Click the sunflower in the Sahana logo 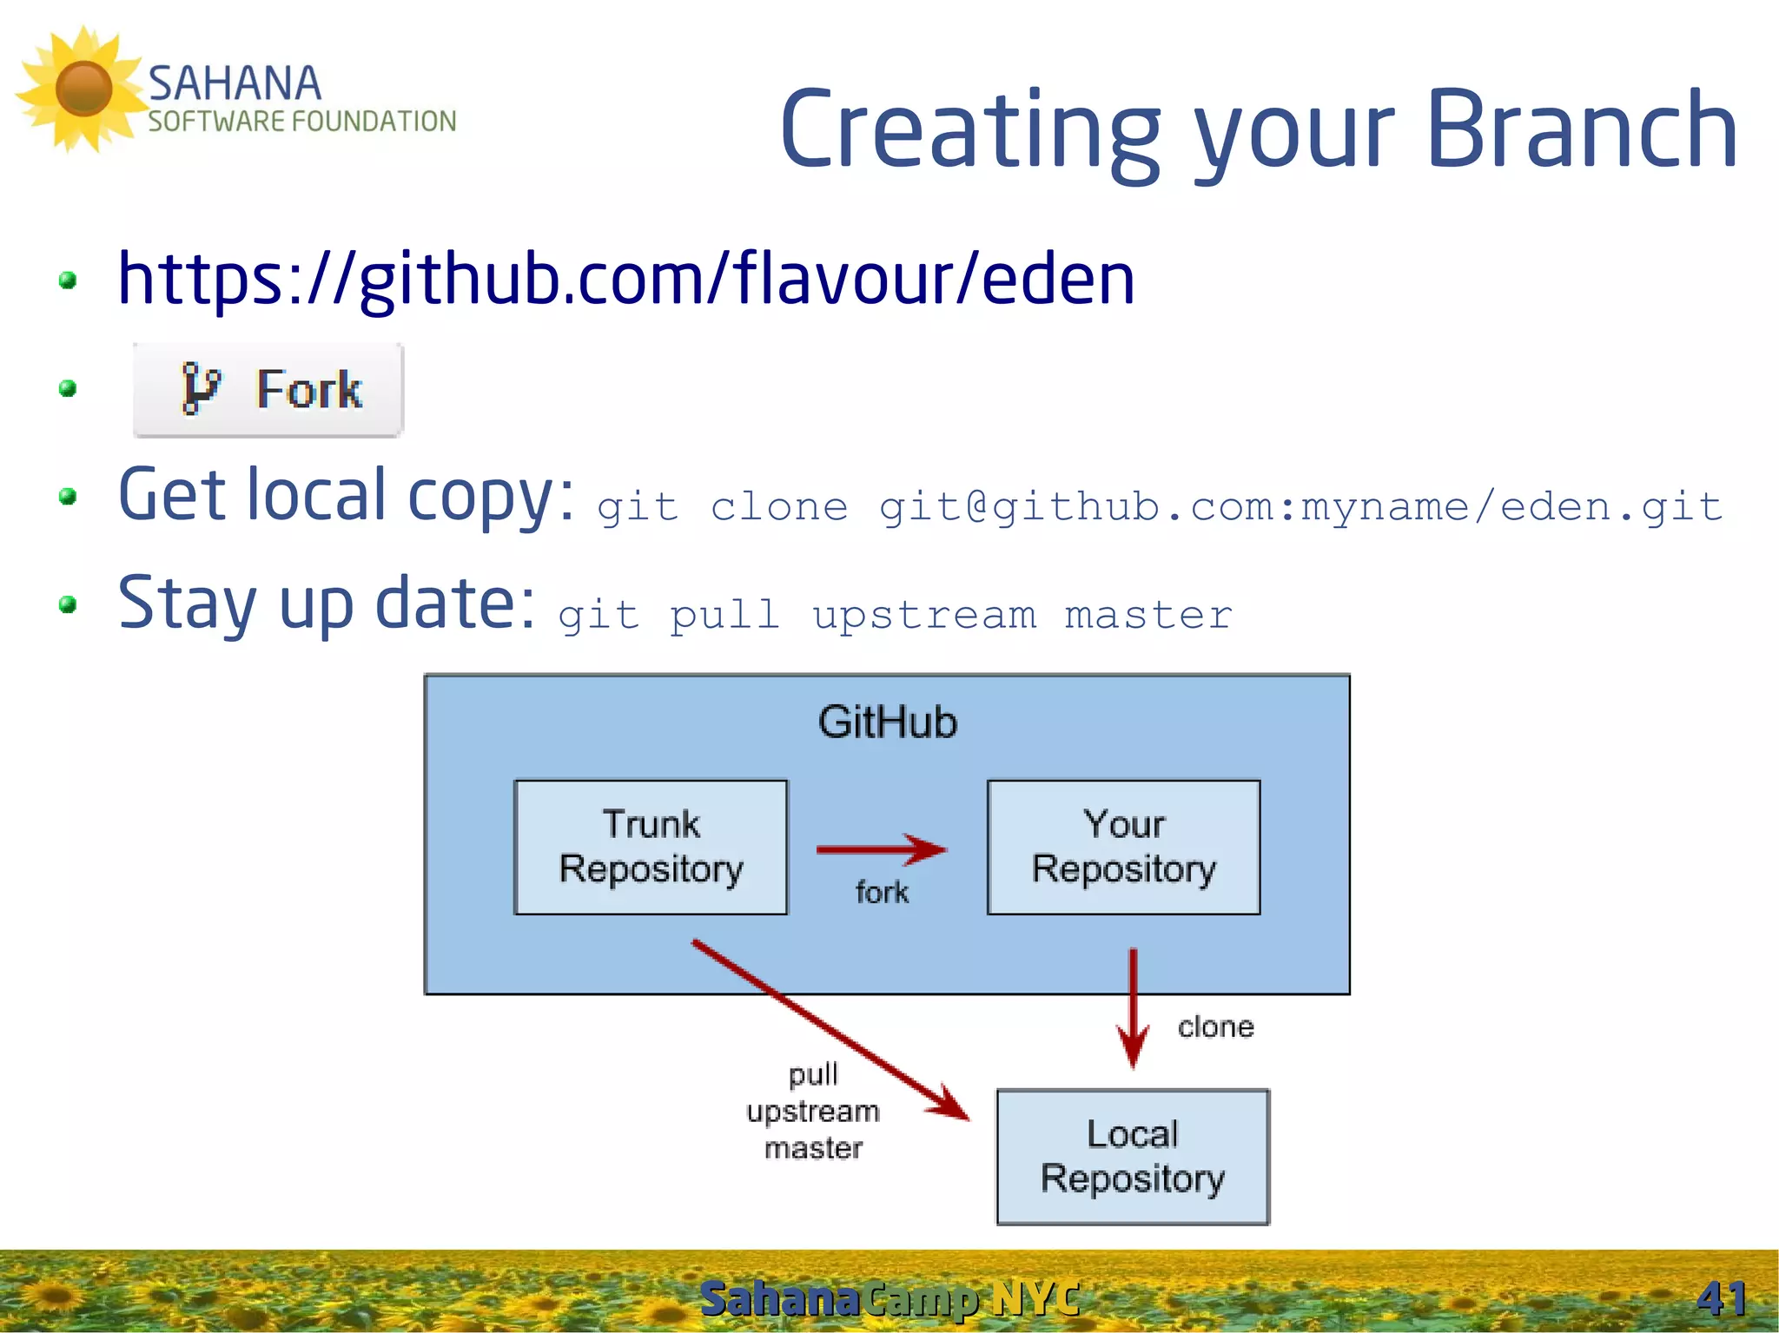(83, 88)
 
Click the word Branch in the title (1581, 130)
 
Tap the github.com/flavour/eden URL (625, 280)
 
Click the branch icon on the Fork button (200, 388)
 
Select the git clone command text (1160, 507)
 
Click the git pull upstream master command (895, 616)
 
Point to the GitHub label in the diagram (887, 723)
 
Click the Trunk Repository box (651, 847)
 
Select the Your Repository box (1123, 847)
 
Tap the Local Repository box (1132, 1157)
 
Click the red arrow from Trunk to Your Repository (881, 849)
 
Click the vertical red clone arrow (1133, 1007)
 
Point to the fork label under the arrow (882, 892)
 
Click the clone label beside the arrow (1215, 1027)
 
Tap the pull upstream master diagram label (813, 1112)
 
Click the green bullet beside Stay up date (68, 604)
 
